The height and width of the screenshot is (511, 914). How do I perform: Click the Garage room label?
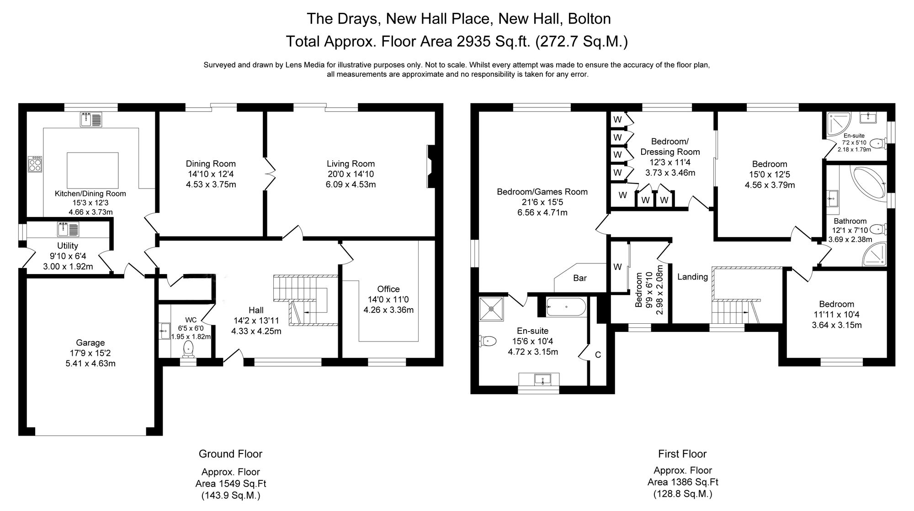click(x=90, y=342)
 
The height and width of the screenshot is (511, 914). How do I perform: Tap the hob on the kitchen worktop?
click(x=35, y=164)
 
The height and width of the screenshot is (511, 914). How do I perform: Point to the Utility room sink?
click(x=68, y=229)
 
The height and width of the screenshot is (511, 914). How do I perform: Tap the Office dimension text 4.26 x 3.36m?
click(x=388, y=310)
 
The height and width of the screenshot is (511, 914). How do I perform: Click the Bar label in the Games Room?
click(x=579, y=278)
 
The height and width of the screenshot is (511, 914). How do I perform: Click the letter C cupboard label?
click(x=597, y=355)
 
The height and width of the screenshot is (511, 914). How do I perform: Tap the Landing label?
click(x=692, y=277)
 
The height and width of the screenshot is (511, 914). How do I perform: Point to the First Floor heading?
click(x=682, y=454)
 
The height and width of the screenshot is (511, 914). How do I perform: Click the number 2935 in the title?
click(x=474, y=42)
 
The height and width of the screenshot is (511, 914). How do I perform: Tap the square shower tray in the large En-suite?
click(x=491, y=309)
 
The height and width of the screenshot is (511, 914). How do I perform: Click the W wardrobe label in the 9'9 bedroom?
click(x=617, y=267)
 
